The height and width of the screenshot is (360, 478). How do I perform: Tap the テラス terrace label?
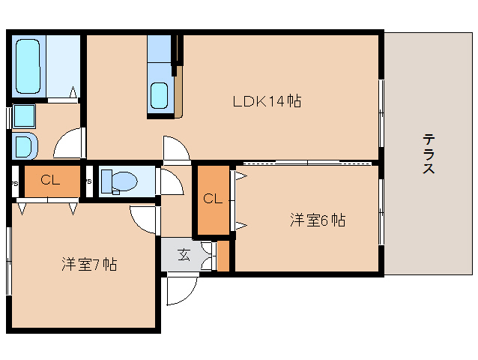coord(429,153)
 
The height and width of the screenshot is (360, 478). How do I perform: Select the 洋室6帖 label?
coord(318,220)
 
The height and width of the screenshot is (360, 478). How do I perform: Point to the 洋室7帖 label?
coord(88,264)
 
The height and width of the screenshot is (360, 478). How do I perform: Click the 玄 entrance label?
coord(183,254)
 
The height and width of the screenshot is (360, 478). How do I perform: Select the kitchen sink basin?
coord(160,95)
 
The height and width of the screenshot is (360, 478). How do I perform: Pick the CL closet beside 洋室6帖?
coord(212,199)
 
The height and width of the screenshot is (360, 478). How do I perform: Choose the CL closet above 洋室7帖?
coord(50,180)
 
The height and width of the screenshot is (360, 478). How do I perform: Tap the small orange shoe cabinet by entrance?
coord(223,256)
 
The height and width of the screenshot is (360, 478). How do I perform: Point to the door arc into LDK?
coord(177,149)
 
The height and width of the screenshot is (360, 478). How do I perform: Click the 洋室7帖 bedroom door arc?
coord(143,218)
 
